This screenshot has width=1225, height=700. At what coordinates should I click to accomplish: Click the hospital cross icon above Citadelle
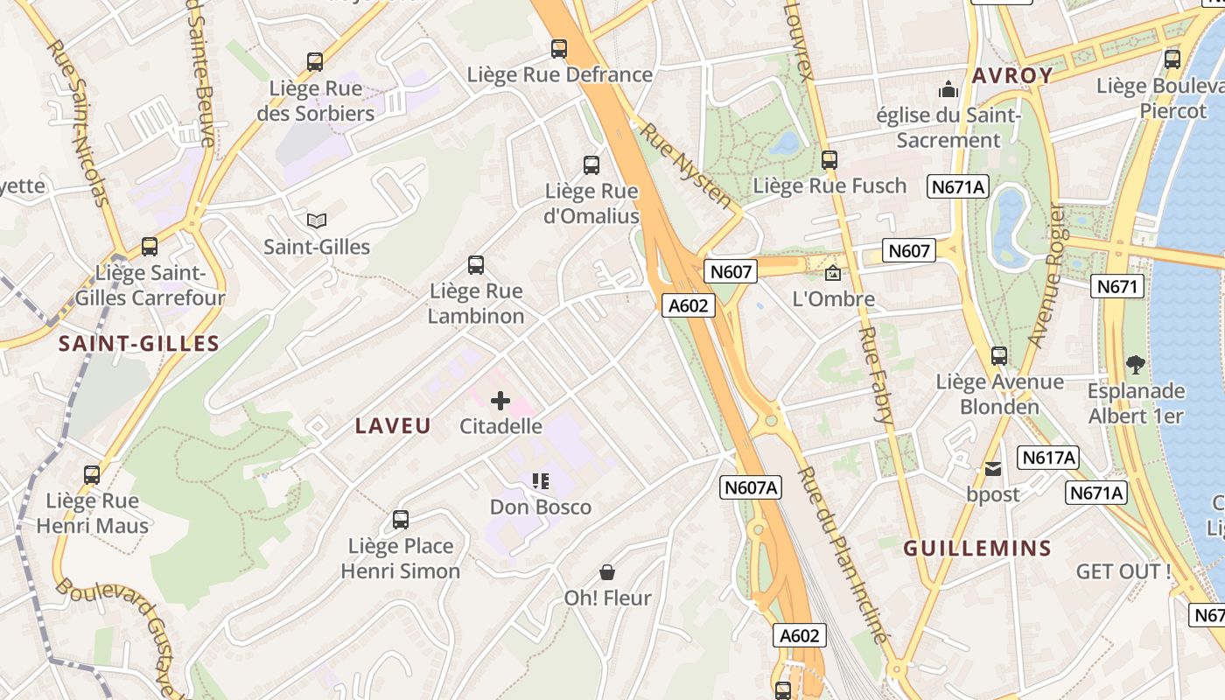pos(500,402)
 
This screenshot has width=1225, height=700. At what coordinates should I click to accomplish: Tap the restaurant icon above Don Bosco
pos(541,481)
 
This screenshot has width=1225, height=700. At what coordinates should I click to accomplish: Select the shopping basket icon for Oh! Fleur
pos(607,573)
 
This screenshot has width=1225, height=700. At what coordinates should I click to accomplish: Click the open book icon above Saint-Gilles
pos(316,221)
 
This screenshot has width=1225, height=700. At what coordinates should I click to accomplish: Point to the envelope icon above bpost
pos(993,469)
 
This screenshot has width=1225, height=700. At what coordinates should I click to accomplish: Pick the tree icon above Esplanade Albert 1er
pos(1136,364)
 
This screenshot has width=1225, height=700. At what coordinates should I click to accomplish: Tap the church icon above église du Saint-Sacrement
pos(948,89)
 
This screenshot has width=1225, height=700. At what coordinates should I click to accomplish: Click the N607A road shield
pos(751,487)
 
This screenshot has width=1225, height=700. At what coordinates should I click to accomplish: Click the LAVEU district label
pos(393,426)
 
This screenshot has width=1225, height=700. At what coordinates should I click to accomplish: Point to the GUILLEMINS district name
pos(977,549)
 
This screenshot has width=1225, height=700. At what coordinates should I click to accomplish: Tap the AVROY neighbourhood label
pos(1012,75)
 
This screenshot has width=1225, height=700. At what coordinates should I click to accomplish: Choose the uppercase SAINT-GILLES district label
pos(138,344)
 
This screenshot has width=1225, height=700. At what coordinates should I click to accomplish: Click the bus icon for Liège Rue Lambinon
pos(476,264)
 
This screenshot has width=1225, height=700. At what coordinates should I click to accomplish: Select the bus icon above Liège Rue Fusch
pos(829,160)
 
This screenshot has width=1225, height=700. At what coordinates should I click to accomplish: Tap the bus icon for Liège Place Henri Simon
pos(401,520)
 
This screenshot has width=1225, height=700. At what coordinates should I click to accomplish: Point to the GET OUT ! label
pos(1123,572)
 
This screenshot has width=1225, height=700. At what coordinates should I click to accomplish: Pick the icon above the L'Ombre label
pos(833,273)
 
